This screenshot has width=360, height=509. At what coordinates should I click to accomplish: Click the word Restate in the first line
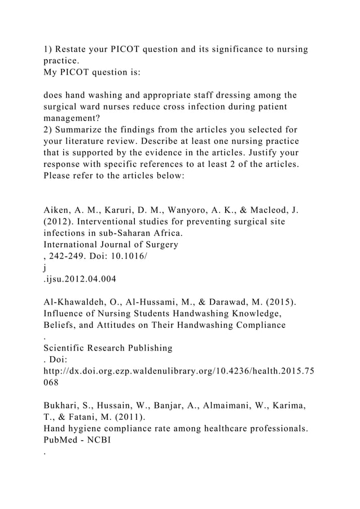point(74,49)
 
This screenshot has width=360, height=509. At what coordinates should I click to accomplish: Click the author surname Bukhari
point(62,406)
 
